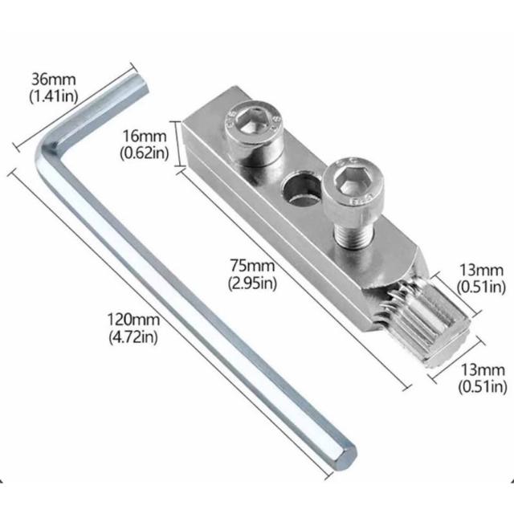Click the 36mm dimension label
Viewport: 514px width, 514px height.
click(x=54, y=80)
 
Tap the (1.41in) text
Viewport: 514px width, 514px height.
click(x=54, y=96)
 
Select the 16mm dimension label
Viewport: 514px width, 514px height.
click(x=145, y=137)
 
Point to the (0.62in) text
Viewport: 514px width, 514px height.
click(x=145, y=153)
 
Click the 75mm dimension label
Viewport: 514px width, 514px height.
click(x=252, y=266)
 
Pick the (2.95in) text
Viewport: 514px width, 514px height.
click(x=252, y=283)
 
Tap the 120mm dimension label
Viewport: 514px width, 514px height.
click(x=133, y=320)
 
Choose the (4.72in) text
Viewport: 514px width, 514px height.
click(x=133, y=337)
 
